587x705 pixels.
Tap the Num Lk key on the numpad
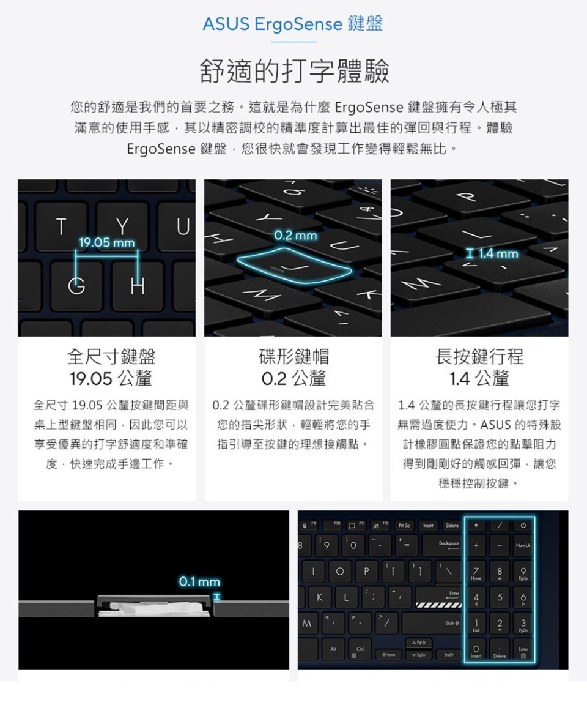[x=523, y=545]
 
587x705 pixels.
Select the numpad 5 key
[x=500, y=597]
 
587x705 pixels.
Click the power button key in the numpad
[x=523, y=525]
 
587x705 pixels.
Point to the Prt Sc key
[x=404, y=525]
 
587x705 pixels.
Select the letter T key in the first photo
[x=61, y=226]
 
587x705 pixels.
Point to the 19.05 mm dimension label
[x=107, y=243]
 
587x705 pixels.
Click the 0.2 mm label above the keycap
[x=295, y=235]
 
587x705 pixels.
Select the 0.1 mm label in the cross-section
[x=199, y=582]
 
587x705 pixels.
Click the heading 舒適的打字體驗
[x=294, y=72]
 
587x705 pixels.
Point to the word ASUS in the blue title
[x=226, y=24]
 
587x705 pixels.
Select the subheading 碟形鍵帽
[x=293, y=357]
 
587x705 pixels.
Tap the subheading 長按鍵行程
[x=479, y=357]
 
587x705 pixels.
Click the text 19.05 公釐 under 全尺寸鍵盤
[x=111, y=379]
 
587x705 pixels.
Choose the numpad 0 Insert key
[x=476, y=650]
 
